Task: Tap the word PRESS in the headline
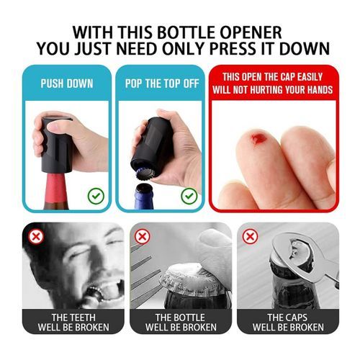point(233,49)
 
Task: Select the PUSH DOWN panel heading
point(67,84)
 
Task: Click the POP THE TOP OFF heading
point(162,84)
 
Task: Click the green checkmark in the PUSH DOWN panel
point(96,196)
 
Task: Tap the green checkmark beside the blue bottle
point(189,196)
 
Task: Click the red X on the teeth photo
point(36,237)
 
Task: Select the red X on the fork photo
point(143,237)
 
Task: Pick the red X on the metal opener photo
point(250,237)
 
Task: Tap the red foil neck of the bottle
point(56,187)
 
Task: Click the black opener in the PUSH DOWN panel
point(57,145)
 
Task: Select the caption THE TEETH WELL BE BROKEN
point(73,323)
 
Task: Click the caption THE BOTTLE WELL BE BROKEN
point(181,323)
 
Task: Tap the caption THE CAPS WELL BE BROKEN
point(288,323)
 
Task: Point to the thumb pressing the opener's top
point(59,125)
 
